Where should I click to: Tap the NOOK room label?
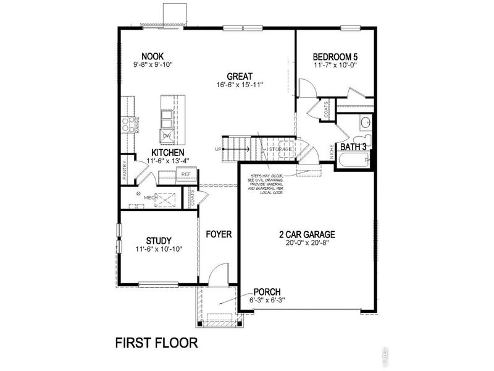(152, 56)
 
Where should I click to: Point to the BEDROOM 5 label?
(335, 56)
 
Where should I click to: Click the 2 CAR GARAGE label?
(307, 234)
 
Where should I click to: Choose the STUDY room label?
(159, 241)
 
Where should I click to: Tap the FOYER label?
(219, 234)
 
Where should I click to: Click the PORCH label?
(267, 292)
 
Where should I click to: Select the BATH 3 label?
(354, 147)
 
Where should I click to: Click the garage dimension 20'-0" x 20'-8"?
(307, 244)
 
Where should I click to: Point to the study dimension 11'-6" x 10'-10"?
(159, 249)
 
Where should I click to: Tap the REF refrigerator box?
(186, 174)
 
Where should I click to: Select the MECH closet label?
(150, 198)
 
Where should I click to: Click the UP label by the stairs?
(217, 149)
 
